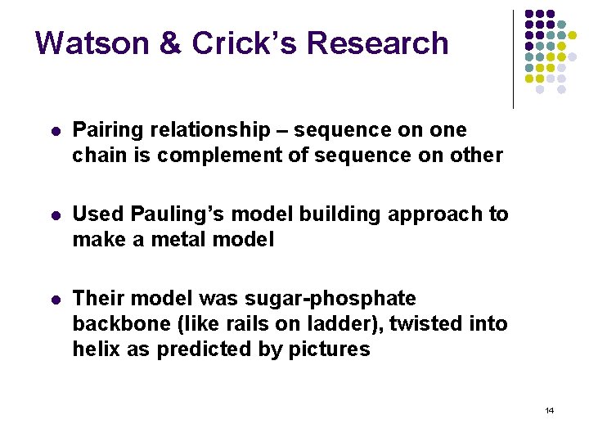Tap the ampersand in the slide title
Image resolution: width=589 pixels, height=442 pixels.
tap(169, 43)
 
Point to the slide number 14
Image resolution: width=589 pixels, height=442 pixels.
tap(549, 410)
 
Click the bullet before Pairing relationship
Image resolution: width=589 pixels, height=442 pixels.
tap(54, 131)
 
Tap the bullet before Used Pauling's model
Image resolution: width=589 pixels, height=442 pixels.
tap(54, 215)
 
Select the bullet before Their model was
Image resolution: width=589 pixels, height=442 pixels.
tap(54, 300)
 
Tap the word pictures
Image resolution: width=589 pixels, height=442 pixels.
tap(327, 350)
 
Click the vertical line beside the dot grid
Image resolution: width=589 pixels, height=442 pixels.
tap(513, 59)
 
